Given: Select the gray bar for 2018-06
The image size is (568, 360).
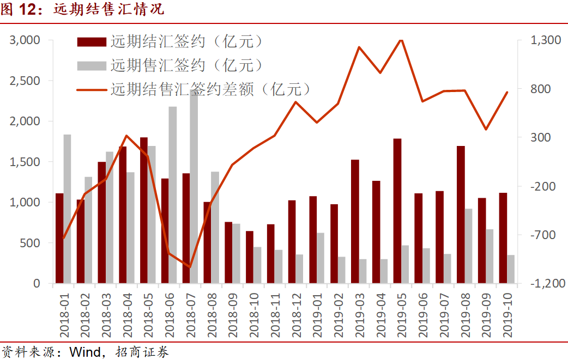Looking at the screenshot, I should point(172,194).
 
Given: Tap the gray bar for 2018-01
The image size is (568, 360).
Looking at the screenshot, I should point(67,209).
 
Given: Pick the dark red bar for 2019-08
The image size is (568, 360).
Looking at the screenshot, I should point(461,215).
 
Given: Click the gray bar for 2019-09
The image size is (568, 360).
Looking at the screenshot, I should point(490,256).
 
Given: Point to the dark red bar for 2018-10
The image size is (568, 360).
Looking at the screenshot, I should point(249,257).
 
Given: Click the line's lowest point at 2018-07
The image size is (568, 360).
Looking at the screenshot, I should point(190,267).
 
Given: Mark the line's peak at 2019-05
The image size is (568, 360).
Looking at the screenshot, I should point(401,40).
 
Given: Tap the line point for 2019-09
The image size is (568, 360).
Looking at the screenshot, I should point(486,129).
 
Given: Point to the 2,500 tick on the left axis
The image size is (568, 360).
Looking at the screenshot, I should point(25,81).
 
